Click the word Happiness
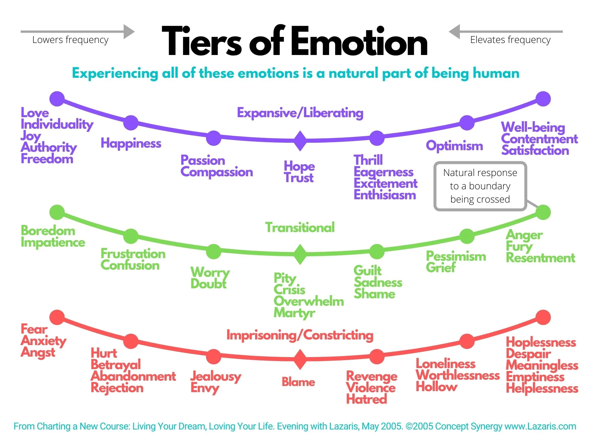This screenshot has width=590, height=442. pyautogui.click(x=131, y=143)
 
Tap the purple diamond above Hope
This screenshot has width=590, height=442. pyautogui.click(x=300, y=141)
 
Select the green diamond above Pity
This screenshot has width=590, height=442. pyautogui.click(x=300, y=254)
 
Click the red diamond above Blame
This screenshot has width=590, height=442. pyautogui.click(x=300, y=359)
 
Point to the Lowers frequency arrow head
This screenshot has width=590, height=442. pyautogui.click(x=130, y=32)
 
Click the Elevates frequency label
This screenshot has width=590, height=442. pyautogui.click(x=510, y=40)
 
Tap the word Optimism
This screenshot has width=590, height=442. pyautogui.click(x=454, y=146)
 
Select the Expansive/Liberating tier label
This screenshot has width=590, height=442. pyautogui.click(x=300, y=113)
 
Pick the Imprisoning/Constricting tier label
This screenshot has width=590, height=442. pyautogui.click(x=300, y=335)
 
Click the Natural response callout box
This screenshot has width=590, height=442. pyautogui.click(x=480, y=186)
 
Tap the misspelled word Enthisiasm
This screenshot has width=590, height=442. pyautogui.click(x=385, y=195)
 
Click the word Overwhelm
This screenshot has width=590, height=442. pyautogui.click(x=309, y=301)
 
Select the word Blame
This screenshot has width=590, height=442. pyautogui.click(x=298, y=382)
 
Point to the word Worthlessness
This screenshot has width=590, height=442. pyautogui.click(x=457, y=375)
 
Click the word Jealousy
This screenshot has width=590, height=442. pyautogui.click(x=216, y=376)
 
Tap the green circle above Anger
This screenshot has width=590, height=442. pyautogui.click(x=543, y=212)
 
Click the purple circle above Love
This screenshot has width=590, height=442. pyautogui.click(x=57, y=99)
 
